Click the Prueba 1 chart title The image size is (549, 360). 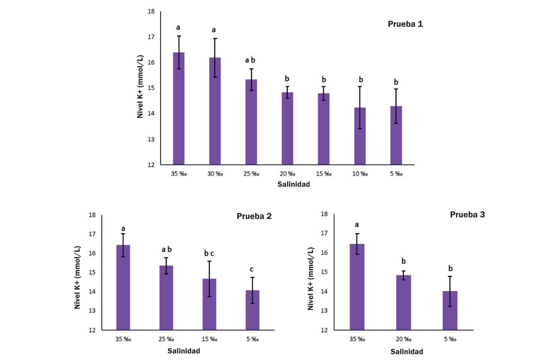(x=405, y=24)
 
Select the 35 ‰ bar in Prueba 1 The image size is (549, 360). (x=178, y=109)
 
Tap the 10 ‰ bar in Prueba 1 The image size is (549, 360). (x=360, y=136)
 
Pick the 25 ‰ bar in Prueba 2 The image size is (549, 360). (x=166, y=298)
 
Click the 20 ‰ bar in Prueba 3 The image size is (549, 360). (x=403, y=303)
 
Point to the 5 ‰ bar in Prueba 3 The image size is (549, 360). (x=450, y=310)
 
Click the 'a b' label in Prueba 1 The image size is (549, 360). (x=250, y=60)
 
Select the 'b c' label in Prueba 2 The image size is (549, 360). (x=209, y=253)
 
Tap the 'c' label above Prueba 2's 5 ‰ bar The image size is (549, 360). (x=252, y=269)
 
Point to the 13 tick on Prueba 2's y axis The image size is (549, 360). (x=92, y=310)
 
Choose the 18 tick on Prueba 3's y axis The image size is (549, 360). (x=325, y=214)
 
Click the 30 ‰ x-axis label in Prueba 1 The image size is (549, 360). (x=215, y=174)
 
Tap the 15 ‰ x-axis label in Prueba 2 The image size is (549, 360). (x=209, y=339)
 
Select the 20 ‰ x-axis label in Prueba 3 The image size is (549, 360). (x=403, y=339)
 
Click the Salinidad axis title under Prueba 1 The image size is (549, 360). (x=294, y=184)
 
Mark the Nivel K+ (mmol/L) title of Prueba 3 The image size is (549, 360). (x=310, y=279)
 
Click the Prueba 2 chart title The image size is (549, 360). (x=254, y=216)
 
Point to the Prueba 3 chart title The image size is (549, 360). (x=467, y=214)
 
